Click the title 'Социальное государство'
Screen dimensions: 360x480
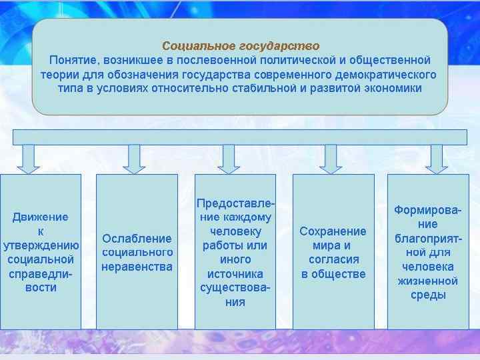(241, 46)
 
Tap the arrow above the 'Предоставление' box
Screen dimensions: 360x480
(229, 159)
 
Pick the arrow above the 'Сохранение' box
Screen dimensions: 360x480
(331, 159)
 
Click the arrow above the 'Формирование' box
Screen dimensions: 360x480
(437, 159)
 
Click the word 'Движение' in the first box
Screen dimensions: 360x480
(40, 217)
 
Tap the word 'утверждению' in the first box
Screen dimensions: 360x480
(41, 245)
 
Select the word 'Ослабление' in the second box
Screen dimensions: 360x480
(137, 238)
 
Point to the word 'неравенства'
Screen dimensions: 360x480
(137, 267)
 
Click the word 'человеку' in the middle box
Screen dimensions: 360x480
(235, 231)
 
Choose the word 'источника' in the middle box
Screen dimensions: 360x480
(235, 274)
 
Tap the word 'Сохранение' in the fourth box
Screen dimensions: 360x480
(333, 231)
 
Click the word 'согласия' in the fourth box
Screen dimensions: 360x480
(333, 260)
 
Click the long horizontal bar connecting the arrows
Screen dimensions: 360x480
(240, 137)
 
